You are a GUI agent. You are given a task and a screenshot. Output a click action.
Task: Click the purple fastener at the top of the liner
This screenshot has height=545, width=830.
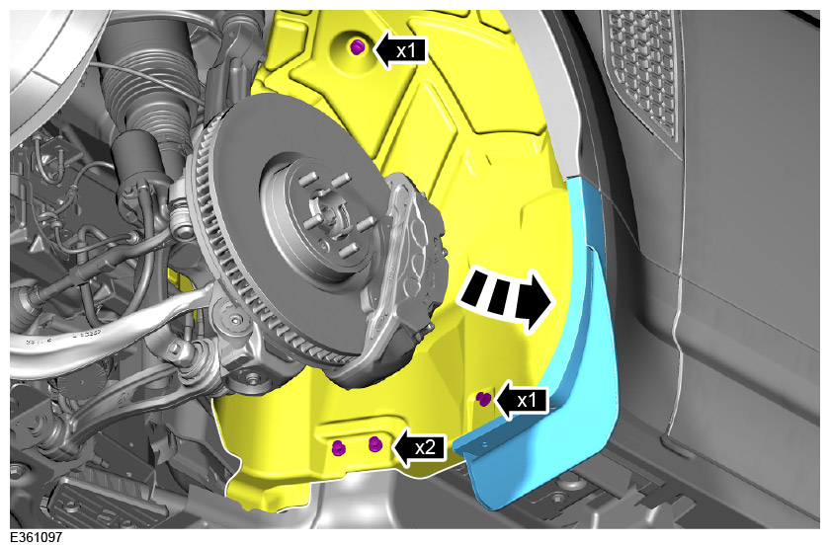(358, 47)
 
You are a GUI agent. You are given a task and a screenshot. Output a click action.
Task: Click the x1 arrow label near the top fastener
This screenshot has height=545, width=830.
(400, 50)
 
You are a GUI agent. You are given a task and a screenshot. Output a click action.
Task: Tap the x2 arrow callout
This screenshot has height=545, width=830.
(421, 447)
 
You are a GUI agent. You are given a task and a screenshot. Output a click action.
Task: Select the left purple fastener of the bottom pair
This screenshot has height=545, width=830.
(338, 447)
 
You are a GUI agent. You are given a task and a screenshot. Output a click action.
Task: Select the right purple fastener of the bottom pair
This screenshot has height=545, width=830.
(374, 443)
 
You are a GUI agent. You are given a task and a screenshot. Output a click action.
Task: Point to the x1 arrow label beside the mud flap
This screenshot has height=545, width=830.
(522, 401)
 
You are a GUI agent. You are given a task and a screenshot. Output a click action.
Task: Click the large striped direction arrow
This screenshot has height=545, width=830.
(505, 298)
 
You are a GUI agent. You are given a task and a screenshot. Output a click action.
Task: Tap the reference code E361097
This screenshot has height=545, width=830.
(36, 537)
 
